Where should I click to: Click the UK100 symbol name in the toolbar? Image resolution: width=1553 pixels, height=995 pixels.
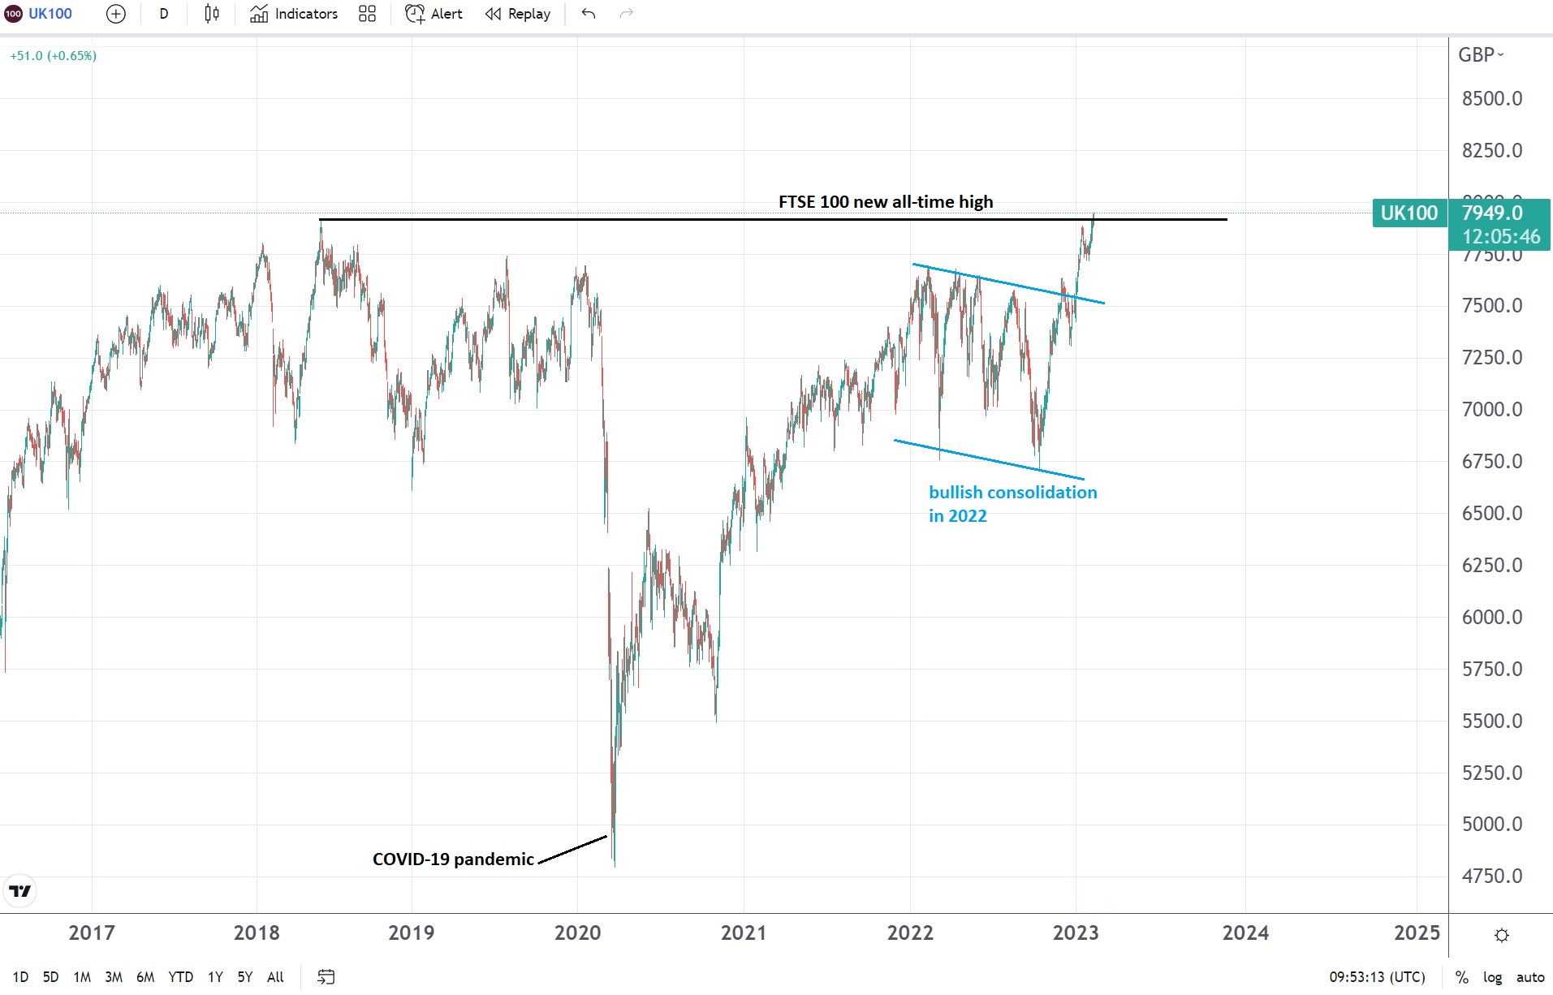tap(50, 14)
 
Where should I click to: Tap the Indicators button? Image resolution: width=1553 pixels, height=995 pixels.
tap(294, 14)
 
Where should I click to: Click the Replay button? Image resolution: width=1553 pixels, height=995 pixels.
tap(518, 14)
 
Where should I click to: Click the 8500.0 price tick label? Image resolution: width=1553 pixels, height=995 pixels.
tap(1491, 99)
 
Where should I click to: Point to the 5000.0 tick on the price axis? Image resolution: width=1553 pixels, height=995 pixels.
tap(1491, 825)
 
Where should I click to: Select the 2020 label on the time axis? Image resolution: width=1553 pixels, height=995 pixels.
tap(577, 933)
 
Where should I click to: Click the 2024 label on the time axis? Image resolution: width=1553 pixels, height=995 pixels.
tap(1245, 933)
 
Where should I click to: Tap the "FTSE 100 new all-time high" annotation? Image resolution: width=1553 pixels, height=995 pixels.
tap(885, 202)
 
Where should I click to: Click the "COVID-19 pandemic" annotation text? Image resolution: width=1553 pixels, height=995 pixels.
tap(453, 859)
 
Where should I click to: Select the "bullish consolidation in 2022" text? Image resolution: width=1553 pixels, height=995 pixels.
tap(1012, 504)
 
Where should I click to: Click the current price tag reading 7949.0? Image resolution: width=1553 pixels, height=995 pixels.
tap(1491, 213)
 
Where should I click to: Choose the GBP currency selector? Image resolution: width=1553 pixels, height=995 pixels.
tap(1480, 55)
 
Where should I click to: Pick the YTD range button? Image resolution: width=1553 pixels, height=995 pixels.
tap(180, 977)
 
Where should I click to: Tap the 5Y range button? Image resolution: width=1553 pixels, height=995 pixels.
tap(244, 977)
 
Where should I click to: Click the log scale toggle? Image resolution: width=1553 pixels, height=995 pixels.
tap(1492, 977)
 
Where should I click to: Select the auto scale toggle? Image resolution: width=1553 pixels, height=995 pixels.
tap(1529, 977)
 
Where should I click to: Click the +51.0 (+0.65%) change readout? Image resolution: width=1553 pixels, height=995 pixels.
tap(53, 56)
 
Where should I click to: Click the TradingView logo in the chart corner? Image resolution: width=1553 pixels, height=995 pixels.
tap(19, 891)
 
